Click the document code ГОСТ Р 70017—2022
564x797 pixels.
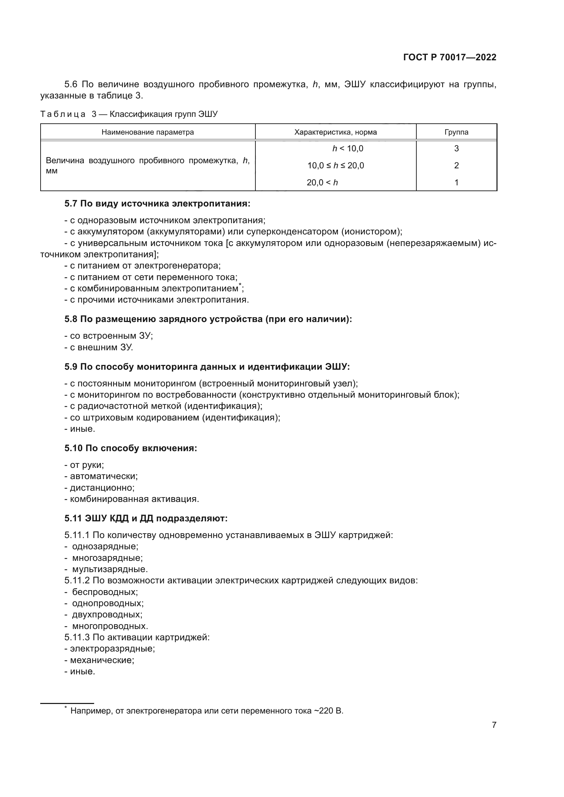(x=450, y=57)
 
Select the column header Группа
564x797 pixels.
(x=456, y=132)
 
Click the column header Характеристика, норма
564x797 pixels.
(x=336, y=132)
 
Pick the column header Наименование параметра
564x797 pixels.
(x=148, y=132)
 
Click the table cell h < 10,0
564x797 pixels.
(x=347, y=149)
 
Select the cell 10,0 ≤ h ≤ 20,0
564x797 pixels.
(x=336, y=166)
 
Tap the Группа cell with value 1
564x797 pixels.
(x=456, y=182)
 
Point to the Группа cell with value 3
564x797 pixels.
(x=456, y=149)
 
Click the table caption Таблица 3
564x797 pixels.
(x=129, y=114)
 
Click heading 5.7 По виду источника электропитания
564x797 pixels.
(x=157, y=203)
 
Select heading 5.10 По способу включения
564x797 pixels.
(x=131, y=448)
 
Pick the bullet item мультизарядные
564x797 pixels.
(x=110, y=569)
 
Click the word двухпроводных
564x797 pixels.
(x=107, y=615)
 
